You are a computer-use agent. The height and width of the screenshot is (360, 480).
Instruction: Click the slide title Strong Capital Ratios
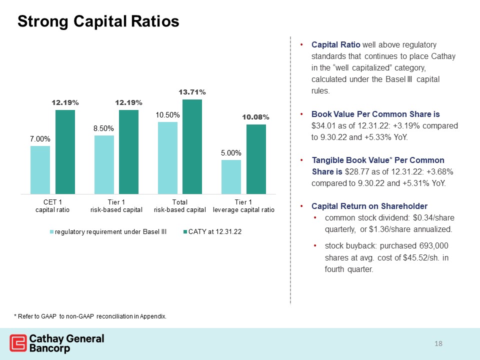[x=98, y=21]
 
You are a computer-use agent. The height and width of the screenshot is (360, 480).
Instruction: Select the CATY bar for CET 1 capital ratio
[x=65, y=152]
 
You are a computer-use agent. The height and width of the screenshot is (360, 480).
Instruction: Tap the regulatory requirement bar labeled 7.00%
[x=40, y=170]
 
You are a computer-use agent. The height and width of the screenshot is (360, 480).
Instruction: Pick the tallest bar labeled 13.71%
[x=192, y=146]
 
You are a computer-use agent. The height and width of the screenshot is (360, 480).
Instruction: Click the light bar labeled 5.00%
[x=231, y=177]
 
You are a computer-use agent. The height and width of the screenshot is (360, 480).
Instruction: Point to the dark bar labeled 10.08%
[x=256, y=159]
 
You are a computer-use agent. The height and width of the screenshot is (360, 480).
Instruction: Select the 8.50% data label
[x=103, y=128]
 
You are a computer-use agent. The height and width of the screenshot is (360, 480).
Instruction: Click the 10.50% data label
[x=168, y=115]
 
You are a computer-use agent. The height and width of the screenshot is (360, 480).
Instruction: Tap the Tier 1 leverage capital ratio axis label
[x=243, y=206]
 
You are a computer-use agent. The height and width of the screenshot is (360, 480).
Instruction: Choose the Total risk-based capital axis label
[x=179, y=206]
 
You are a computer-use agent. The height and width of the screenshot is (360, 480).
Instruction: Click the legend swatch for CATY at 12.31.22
[x=185, y=232]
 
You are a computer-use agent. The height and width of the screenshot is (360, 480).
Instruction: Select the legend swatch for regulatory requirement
[x=51, y=232]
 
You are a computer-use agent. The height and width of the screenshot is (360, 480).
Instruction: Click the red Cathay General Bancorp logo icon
[x=18, y=343]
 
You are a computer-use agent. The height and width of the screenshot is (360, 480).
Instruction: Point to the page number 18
[x=438, y=344]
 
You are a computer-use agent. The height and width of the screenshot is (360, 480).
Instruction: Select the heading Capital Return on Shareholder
[x=369, y=206]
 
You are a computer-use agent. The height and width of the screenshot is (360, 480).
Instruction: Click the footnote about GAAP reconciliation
[x=90, y=316]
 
